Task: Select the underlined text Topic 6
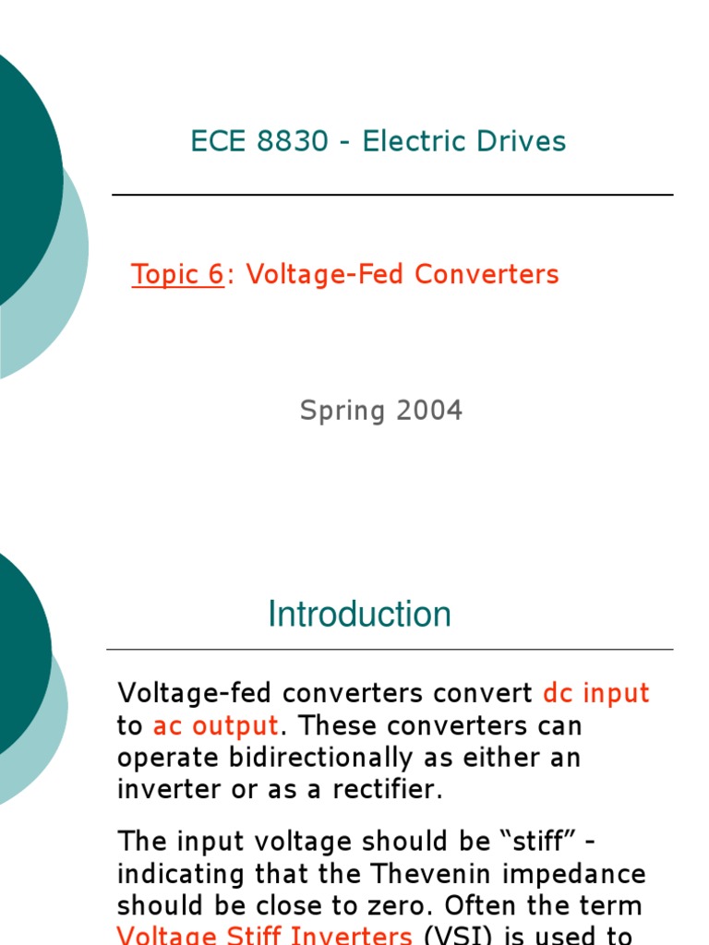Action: coord(177,274)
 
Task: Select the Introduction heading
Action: coord(359,615)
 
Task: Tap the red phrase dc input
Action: coord(596,693)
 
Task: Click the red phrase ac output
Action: coord(215,725)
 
